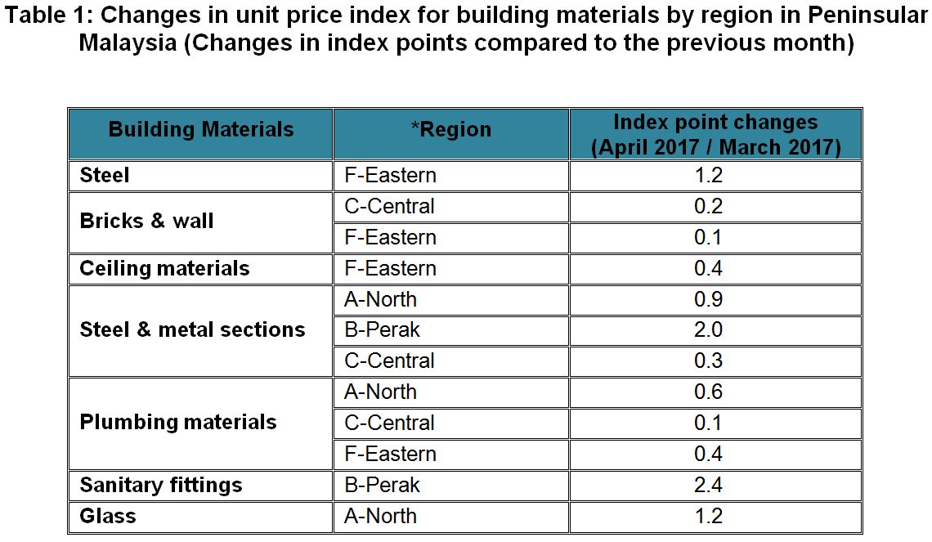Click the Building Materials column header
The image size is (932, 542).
pyautogui.click(x=200, y=129)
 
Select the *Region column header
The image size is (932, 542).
pyautogui.click(x=450, y=129)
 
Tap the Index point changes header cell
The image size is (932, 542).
pyautogui.click(x=715, y=135)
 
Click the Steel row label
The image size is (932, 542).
pyautogui.click(x=105, y=175)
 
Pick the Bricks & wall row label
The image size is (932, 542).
pyautogui.click(x=147, y=221)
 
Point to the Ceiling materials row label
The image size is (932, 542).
pyautogui.click(x=164, y=268)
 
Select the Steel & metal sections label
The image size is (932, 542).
pyautogui.click(x=192, y=329)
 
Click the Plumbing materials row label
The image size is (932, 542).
pyautogui.click(x=178, y=422)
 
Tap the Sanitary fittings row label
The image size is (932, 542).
pyautogui.click(x=161, y=485)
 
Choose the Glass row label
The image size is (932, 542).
pyautogui.click(x=108, y=516)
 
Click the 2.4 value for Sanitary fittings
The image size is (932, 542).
pyautogui.click(x=708, y=485)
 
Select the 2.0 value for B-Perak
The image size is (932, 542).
pyautogui.click(x=708, y=329)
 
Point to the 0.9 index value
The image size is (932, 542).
pyautogui.click(x=708, y=299)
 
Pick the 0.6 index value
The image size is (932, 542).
pyautogui.click(x=708, y=392)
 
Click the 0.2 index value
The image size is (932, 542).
pyautogui.click(x=708, y=206)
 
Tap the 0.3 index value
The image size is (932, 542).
pyautogui.click(x=708, y=361)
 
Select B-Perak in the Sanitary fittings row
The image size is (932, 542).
pyautogui.click(x=382, y=485)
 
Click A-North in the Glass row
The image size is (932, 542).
pyautogui.click(x=380, y=516)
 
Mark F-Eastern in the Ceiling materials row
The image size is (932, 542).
pyautogui.click(x=390, y=268)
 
